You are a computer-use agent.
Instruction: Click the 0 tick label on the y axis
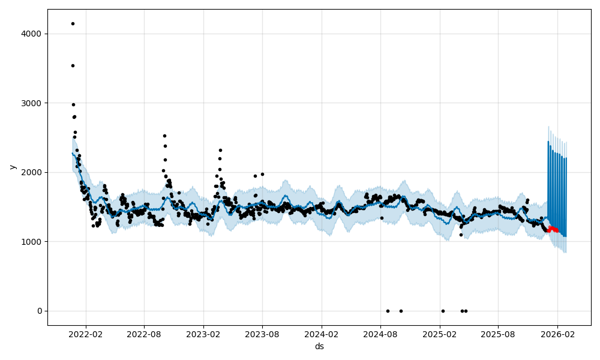click(x=40, y=311)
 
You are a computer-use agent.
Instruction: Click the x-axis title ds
click(x=319, y=347)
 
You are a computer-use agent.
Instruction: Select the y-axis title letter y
click(x=11, y=167)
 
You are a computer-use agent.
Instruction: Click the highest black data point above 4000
click(x=73, y=23)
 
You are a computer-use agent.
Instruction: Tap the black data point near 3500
click(x=73, y=65)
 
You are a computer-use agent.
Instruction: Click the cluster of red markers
click(x=553, y=229)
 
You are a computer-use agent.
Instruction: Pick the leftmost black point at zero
click(x=388, y=311)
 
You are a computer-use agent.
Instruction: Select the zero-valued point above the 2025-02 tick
click(x=443, y=311)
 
